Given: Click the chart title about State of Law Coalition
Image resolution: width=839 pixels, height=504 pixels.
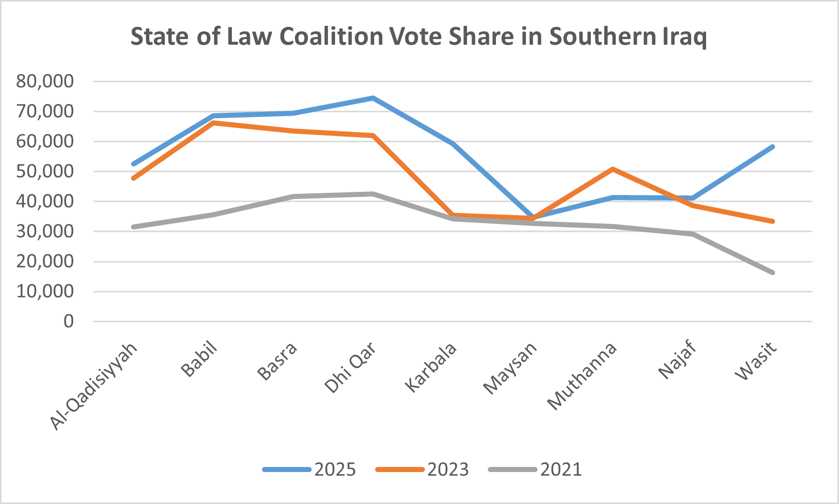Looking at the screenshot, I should (x=419, y=37).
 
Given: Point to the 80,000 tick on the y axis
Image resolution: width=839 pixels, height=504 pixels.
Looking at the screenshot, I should (x=45, y=81).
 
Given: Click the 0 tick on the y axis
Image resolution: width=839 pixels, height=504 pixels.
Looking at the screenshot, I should (x=68, y=321).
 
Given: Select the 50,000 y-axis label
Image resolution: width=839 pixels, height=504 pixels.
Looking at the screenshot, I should (x=45, y=172).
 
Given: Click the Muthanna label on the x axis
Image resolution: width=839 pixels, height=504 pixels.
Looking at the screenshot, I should (x=582, y=375).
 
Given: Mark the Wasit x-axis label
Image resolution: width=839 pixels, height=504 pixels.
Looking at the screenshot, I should (x=756, y=361).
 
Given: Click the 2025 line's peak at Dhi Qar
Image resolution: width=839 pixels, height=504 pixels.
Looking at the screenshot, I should (x=373, y=98).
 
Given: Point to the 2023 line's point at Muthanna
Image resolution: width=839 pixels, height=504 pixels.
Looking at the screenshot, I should (x=613, y=169).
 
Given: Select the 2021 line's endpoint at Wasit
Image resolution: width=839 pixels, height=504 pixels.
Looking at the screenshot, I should (x=772, y=273).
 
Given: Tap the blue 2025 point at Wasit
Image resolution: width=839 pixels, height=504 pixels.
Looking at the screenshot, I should (x=772, y=147).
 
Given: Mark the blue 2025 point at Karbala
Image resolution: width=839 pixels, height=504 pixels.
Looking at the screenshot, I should (x=453, y=144).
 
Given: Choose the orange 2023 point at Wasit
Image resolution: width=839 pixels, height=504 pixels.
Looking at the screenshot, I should (x=772, y=221).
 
